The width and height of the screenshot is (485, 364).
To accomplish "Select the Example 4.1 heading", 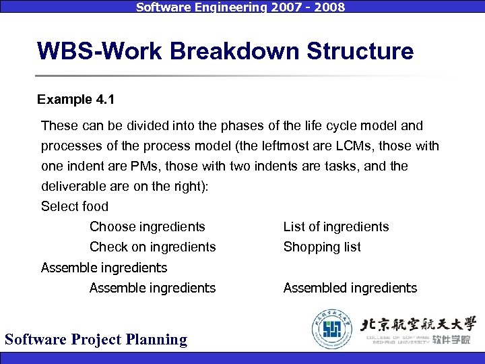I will pyautogui.click(x=75, y=100).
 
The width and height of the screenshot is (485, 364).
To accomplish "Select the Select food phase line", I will pyautogui.click(x=75, y=206).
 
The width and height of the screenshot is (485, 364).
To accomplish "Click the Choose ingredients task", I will pyautogui.click(x=147, y=227).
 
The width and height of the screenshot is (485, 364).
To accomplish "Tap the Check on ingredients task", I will pyautogui.click(x=152, y=247).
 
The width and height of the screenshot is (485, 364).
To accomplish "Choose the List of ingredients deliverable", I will pyautogui.click(x=336, y=227).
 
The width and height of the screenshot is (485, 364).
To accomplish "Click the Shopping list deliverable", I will pyautogui.click(x=322, y=247).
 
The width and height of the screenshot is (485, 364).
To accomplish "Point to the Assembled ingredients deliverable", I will pyautogui.click(x=350, y=289).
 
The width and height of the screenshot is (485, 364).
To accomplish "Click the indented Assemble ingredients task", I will pyautogui.click(x=152, y=289).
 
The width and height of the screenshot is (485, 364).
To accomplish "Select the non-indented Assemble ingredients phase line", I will pyautogui.click(x=104, y=268).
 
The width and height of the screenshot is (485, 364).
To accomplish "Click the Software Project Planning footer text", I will pyautogui.click(x=96, y=339).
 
